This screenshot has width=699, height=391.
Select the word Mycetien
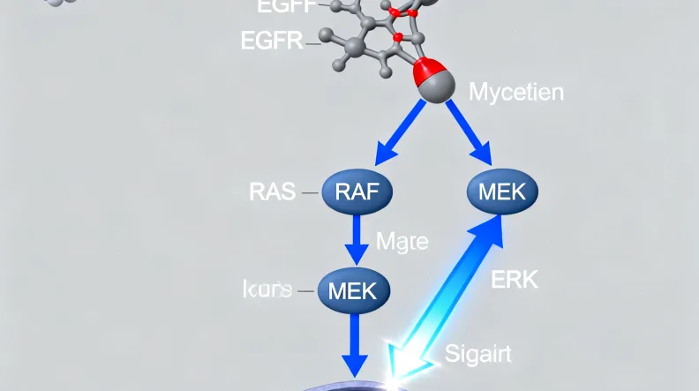click(516, 92)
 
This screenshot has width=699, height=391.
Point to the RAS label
click(273, 192)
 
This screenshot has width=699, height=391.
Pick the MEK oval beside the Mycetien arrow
click(500, 192)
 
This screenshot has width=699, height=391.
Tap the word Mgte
click(402, 240)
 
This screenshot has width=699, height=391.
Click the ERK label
click(513, 282)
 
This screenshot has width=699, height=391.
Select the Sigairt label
click(477, 355)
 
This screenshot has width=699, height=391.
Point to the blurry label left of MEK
click(267, 289)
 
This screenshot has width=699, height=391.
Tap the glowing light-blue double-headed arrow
click(446, 291)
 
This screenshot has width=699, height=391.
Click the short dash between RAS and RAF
click(311, 192)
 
